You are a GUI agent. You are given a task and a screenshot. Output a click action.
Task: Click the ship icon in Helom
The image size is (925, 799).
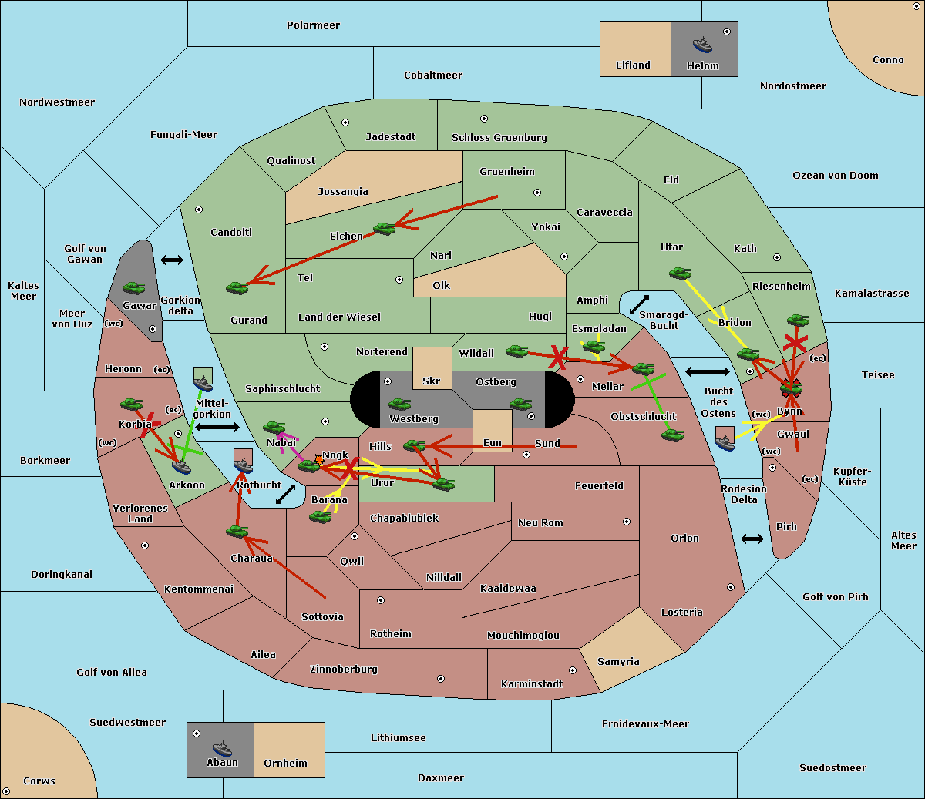[x=702, y=45]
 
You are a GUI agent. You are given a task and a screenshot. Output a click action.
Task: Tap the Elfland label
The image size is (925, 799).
[x=633, y=65]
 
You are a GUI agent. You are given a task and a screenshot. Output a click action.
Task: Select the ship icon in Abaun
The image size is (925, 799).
[x=222, y=748]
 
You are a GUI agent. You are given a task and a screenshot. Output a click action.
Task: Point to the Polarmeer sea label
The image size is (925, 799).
[x=313, y=25]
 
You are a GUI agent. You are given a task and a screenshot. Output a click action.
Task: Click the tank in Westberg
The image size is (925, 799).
[x=399, y=405]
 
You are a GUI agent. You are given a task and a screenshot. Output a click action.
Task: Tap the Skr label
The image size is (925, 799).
[x=431, y=381]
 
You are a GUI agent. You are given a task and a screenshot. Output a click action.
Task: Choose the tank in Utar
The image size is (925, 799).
[x=680, y=273]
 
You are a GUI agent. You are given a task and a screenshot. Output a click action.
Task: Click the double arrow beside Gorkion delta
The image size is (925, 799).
[x=172, y=260]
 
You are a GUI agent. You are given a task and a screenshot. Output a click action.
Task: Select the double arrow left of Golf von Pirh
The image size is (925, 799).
[x=752, y=539]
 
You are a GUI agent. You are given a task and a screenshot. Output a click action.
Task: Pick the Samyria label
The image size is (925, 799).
[x=618, y=662]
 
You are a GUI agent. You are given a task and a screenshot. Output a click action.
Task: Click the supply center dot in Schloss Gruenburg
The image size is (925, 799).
[x=484, y=119]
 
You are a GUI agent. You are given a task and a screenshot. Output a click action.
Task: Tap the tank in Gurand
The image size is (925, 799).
[x=237, y=287]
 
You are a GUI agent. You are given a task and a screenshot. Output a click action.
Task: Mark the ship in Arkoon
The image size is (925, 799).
[x=181, y=466]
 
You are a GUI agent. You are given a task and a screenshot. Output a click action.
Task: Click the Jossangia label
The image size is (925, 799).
[x=343, y=192]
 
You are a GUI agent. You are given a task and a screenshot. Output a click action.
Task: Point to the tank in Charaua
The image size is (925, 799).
[x=237, y=531]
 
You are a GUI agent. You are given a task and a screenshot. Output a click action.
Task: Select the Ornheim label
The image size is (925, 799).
[x=285, y=764]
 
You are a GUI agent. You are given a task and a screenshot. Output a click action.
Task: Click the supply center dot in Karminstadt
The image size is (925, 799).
[x=573, y=670]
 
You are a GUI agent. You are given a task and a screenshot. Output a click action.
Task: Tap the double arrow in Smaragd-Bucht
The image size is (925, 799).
[x=640, y=304]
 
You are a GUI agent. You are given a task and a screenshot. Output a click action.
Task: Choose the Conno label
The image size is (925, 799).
[x=888, y=60]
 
